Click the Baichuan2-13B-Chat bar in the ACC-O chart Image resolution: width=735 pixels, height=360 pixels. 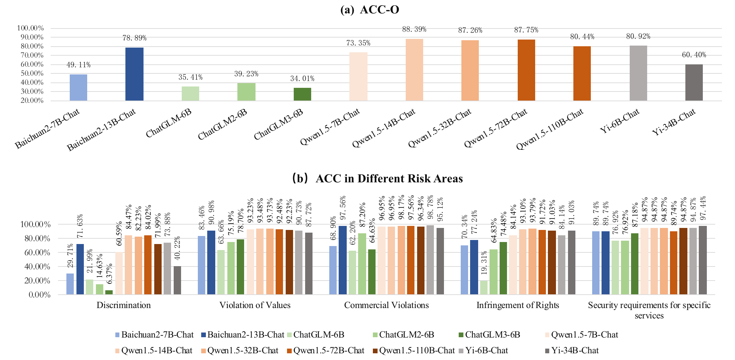click(134, 74)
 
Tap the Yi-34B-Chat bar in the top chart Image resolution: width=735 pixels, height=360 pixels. click(694, 82)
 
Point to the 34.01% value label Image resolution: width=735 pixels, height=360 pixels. click(302, 79)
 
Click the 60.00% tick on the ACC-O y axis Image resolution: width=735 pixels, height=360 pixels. click(30, 64)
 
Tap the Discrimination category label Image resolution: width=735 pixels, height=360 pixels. click(123, 305)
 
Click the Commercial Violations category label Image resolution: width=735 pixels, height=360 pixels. click(386, 305)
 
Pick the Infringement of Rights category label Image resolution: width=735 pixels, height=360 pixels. click(518, 305)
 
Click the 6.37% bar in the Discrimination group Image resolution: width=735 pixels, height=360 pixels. click(109, 292)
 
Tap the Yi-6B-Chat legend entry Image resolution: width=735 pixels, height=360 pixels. click(483, 351)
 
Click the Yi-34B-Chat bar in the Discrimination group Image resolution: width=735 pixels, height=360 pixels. click(177, 280)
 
